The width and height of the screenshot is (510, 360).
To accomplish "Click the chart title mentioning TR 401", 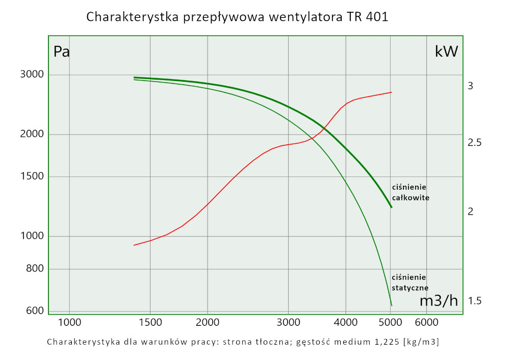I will pos(237,17).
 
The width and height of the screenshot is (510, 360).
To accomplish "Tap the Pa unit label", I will pos(62,52).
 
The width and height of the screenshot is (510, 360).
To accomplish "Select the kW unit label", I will pos(446,51).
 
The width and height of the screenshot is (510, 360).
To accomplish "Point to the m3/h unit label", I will pos(439,301).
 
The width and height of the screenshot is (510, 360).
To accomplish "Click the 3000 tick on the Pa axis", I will pos(32,75).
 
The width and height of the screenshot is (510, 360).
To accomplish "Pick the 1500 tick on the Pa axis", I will pos(32,177).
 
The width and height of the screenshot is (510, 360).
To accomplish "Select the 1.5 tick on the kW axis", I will pos(474,301).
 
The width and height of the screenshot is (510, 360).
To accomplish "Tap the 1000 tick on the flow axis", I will pos(69,322).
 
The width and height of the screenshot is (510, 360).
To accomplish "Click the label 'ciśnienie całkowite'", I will pos(410,192).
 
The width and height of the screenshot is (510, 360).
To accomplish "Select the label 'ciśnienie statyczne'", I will pos(410,282).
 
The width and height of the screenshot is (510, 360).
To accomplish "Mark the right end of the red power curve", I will pos(391,92).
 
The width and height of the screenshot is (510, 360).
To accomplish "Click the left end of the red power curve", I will pos(134,245).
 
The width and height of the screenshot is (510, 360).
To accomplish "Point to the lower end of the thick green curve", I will pos(391,207).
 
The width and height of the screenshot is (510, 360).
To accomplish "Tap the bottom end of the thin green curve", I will pos(391,305).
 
